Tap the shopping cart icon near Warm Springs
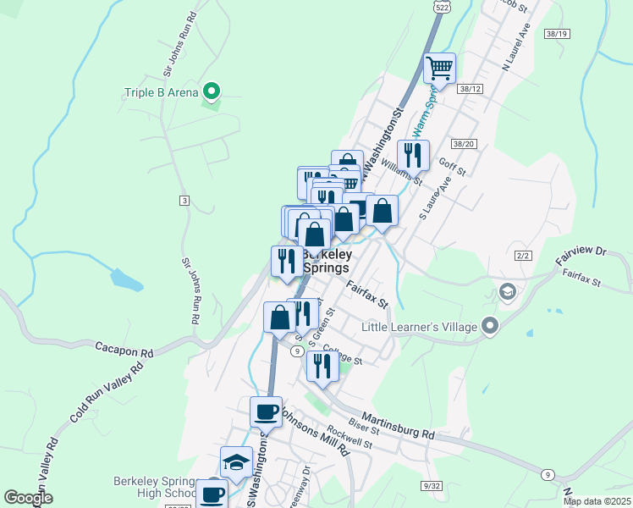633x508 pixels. click(439, 68)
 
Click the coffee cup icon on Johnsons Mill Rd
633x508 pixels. click(267, 412)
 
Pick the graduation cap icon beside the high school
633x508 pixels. click(236, 461)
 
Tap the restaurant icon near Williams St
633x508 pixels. click(412, 155)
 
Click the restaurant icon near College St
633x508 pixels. click(322, 366)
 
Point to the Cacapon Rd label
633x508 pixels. click(124, 349)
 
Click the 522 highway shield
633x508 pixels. click(442, 6)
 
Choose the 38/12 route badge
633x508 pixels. click(470, 88)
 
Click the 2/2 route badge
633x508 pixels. click(522, 255)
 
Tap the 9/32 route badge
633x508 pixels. click(432, 485)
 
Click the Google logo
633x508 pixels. click(28, 498)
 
